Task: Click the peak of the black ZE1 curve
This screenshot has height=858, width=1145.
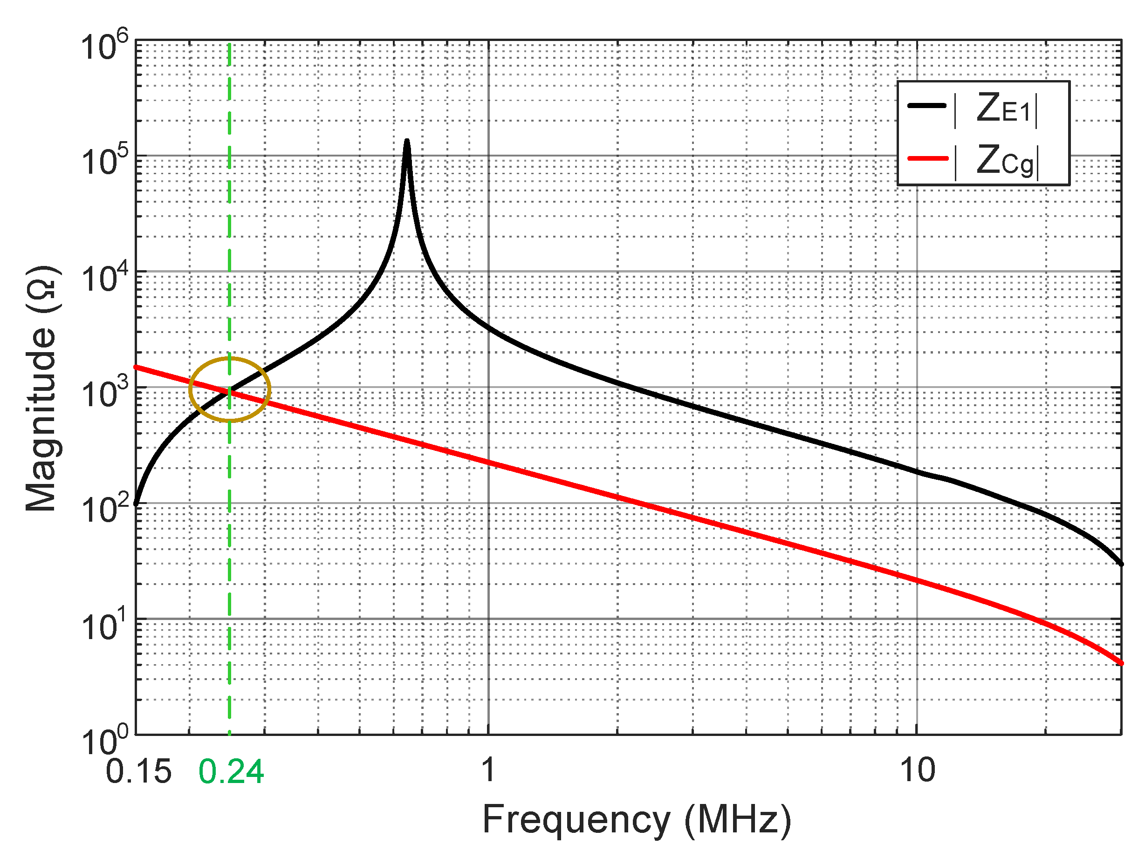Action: pyautogui.click(x=407, y=141)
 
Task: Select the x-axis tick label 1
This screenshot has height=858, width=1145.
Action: pyautogui.click(x=487, y=769)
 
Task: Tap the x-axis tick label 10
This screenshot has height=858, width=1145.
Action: pyautogui.click(x=917, y=769)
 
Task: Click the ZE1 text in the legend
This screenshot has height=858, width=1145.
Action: pyautogui.click(x=1004, y=109)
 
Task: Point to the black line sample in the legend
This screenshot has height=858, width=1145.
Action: pyautogui.click(x=927, y=106)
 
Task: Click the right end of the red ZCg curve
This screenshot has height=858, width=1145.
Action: pyautogui.click(x=1121, y=663)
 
